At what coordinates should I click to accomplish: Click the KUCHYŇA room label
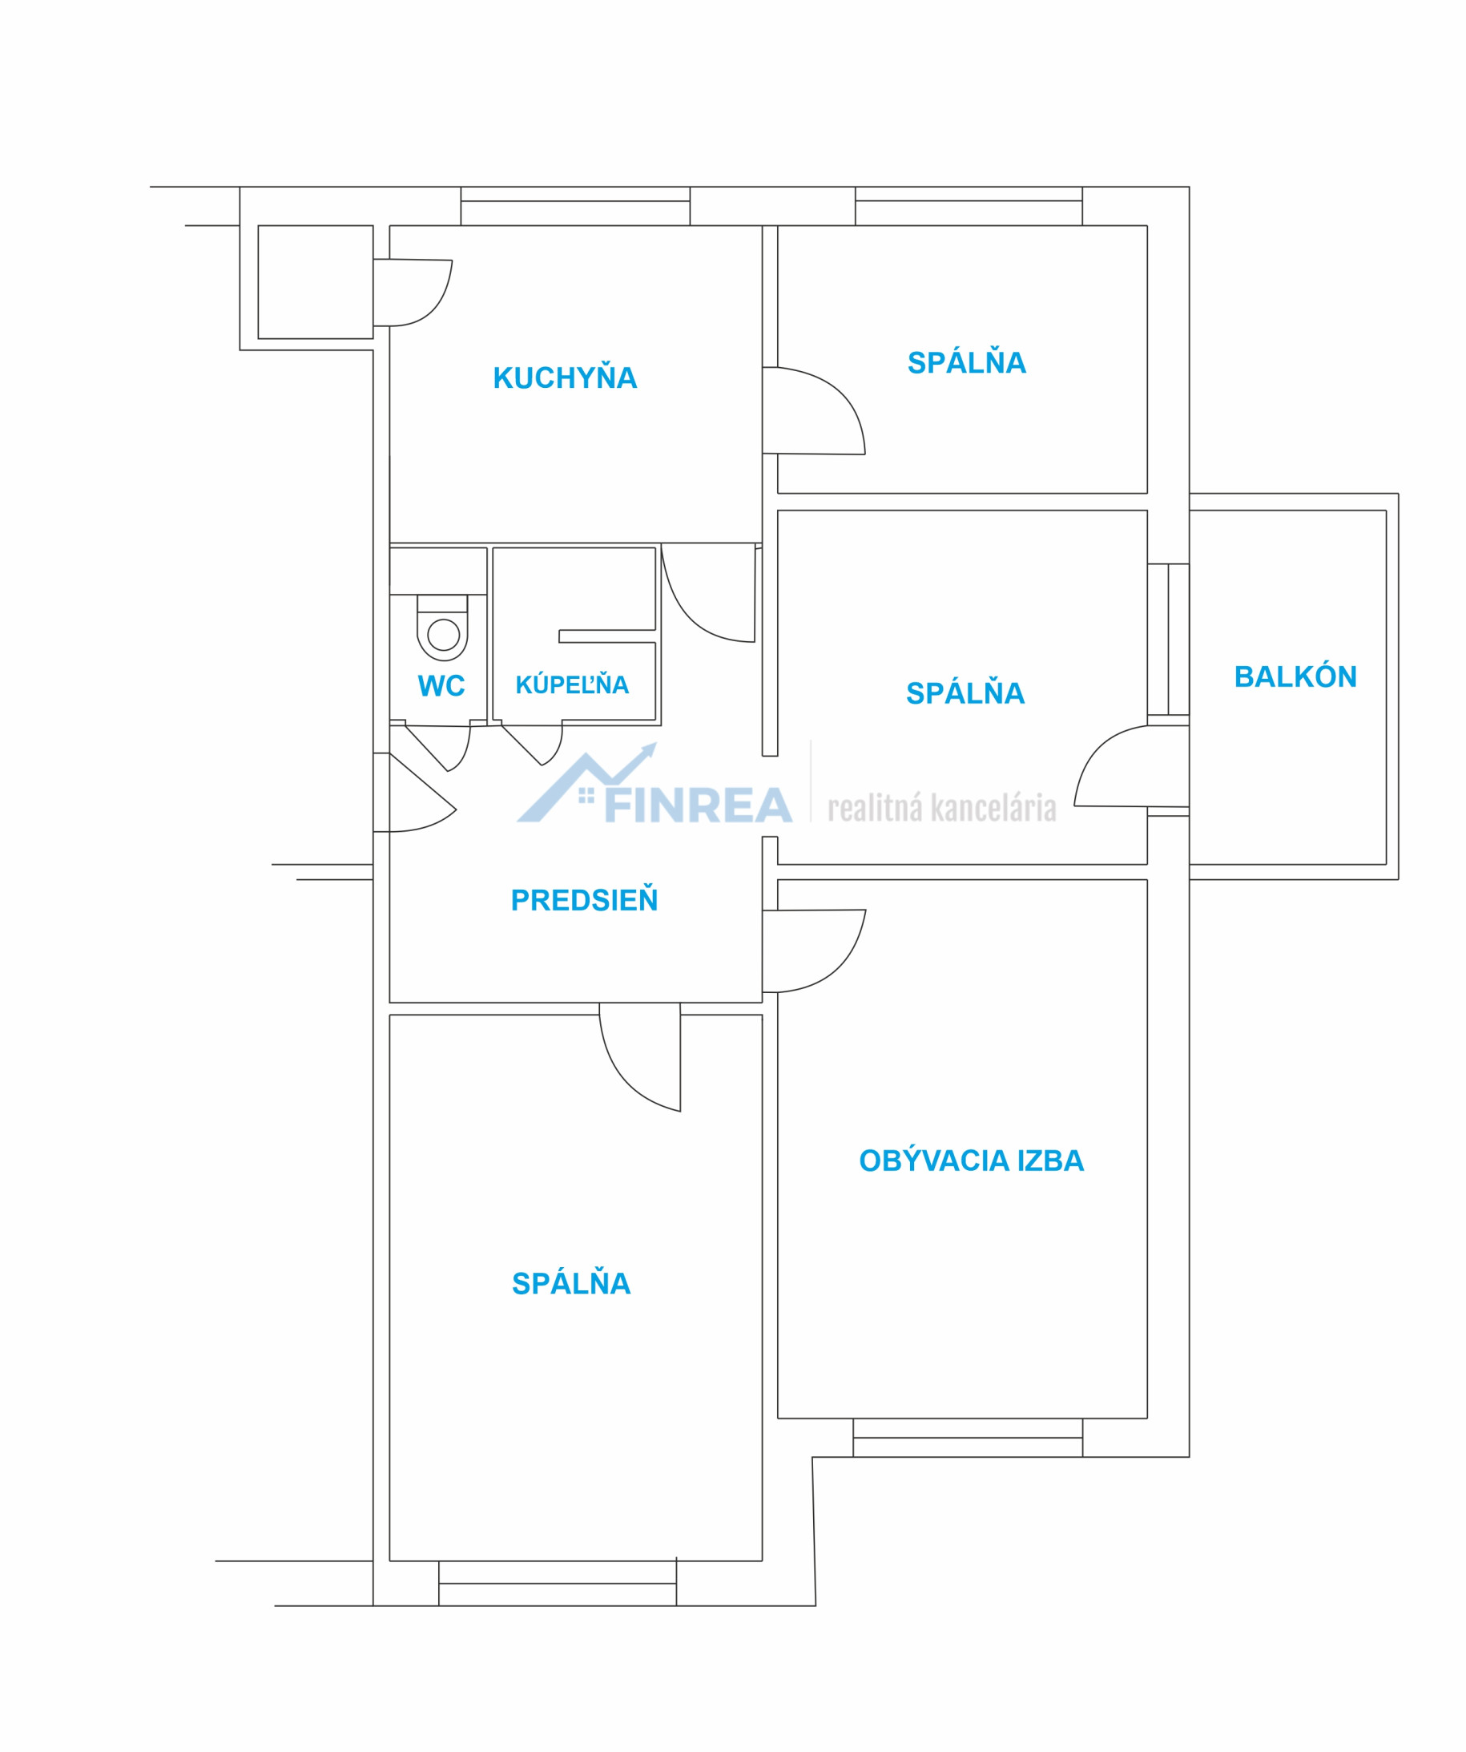tap(565, 377)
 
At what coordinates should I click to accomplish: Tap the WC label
tap(441, 686)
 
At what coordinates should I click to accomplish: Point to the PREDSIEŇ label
tap(584, 899)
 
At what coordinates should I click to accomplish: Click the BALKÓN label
tap(1295, 676)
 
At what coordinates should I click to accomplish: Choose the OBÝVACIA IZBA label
tap(972, 1160)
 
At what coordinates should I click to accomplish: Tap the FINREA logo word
tap(698, 805)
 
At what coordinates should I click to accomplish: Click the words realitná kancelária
tap(942, 809)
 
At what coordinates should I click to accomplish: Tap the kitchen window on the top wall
tap(575, 206)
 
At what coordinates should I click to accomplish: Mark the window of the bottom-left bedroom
tap(557, 1583)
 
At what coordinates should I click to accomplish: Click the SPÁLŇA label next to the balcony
tap(965, 692)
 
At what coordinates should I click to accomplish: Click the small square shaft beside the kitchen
tap(315, 282)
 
